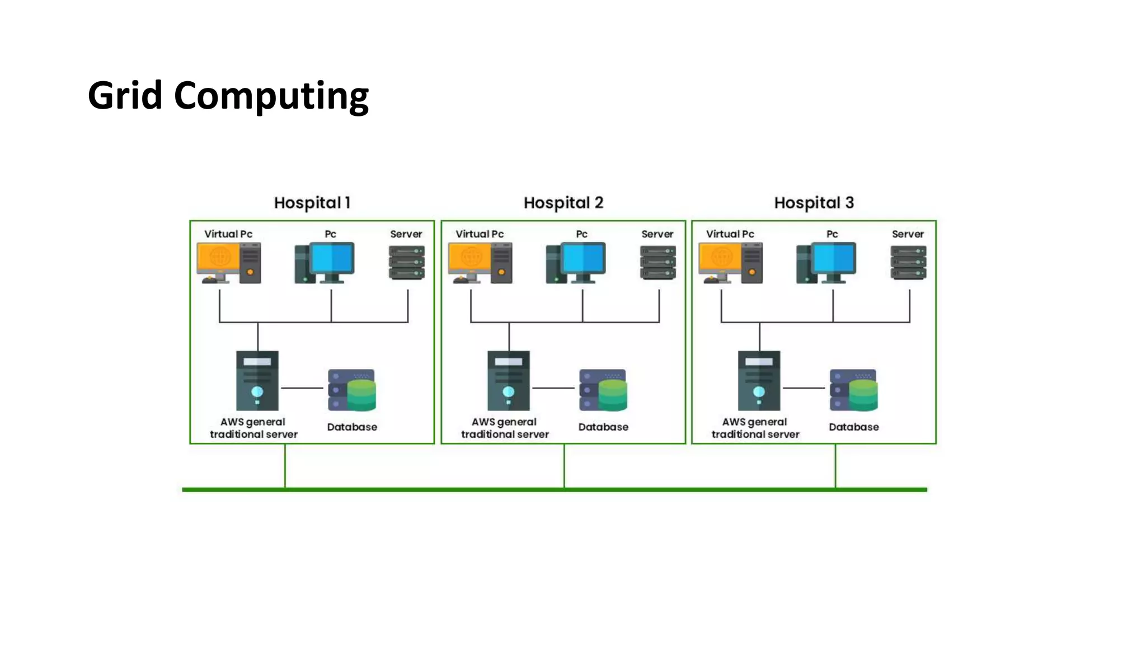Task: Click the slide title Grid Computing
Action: pyautogui.click(x=228, y=96)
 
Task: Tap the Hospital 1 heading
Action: pyautogui.click(x=312, y=203)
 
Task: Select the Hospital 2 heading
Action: pyautogui.click(x=563, y=203)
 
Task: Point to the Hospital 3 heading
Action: pyautogui.click(x=814, y=203)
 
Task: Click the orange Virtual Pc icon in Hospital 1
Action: pyautogui.click(x=228, y=263)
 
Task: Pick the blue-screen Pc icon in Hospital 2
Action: pyautogui.click(x=576, y=263)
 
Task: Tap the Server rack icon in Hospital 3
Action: pyautogui.click(x=908, y=263)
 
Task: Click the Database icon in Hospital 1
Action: pyautogui.click(x=352, y=390)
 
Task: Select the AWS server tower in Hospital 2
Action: pyautogui.click(x=508, y=381)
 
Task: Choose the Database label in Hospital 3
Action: pyautogui.click(x=853, y=427)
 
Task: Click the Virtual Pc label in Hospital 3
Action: pyautogui.click(x=730, y=234)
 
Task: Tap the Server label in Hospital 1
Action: pyautogui.click(x=406, y=234)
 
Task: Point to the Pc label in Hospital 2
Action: pyautogui.click(x=581, y=234)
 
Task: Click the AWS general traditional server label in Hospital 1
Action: pyautogui.click(x=253, y=428)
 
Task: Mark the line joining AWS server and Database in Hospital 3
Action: pyautogui.click(x=804, y=387)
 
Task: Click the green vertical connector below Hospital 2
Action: pyautogui.click(x=564, y=466)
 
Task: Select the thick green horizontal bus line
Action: pyautogui.click(x=554, y=490)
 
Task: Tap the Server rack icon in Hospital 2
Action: pyautogui.click(x=657, y=263)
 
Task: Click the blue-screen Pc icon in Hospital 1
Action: pyautogui.click(x=325, y=263)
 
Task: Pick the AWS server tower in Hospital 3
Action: pyautogui.click(x=759, y=381)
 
